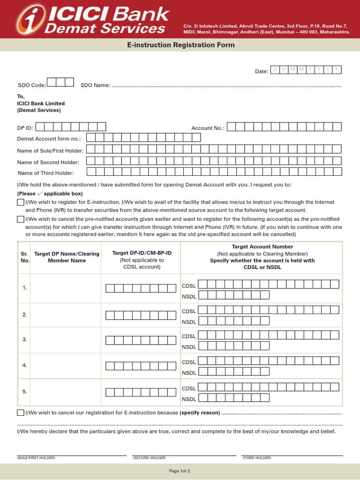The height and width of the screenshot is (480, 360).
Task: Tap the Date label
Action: click(262, 71)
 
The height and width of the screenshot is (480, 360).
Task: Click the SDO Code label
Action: click(32, 85)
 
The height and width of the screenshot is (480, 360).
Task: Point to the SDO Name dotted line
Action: click(227, 86)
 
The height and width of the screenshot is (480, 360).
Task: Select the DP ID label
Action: click(25, 128)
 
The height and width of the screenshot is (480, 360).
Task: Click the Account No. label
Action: click(208, 128)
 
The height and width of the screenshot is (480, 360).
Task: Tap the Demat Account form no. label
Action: click(49, 139)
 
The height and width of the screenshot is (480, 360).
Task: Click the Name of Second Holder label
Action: click(48, 162)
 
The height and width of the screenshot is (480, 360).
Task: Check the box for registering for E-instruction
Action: click(21, 202)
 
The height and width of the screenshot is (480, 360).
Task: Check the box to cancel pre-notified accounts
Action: click(21, 219)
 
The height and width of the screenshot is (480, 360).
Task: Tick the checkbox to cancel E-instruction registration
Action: click(21, 412)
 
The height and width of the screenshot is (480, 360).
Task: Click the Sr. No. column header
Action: click(25, 257)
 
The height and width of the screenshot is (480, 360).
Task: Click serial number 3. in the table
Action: click(25, 339)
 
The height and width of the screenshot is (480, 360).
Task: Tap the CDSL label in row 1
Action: click(189, 285)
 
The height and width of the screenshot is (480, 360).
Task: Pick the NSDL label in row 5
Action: click(189, 399)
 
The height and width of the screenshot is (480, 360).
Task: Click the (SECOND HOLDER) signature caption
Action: click(150, 457)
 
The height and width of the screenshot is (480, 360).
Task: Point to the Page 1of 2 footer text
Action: click(180, 471)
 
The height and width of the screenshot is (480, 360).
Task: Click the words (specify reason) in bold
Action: click(200, 412)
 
